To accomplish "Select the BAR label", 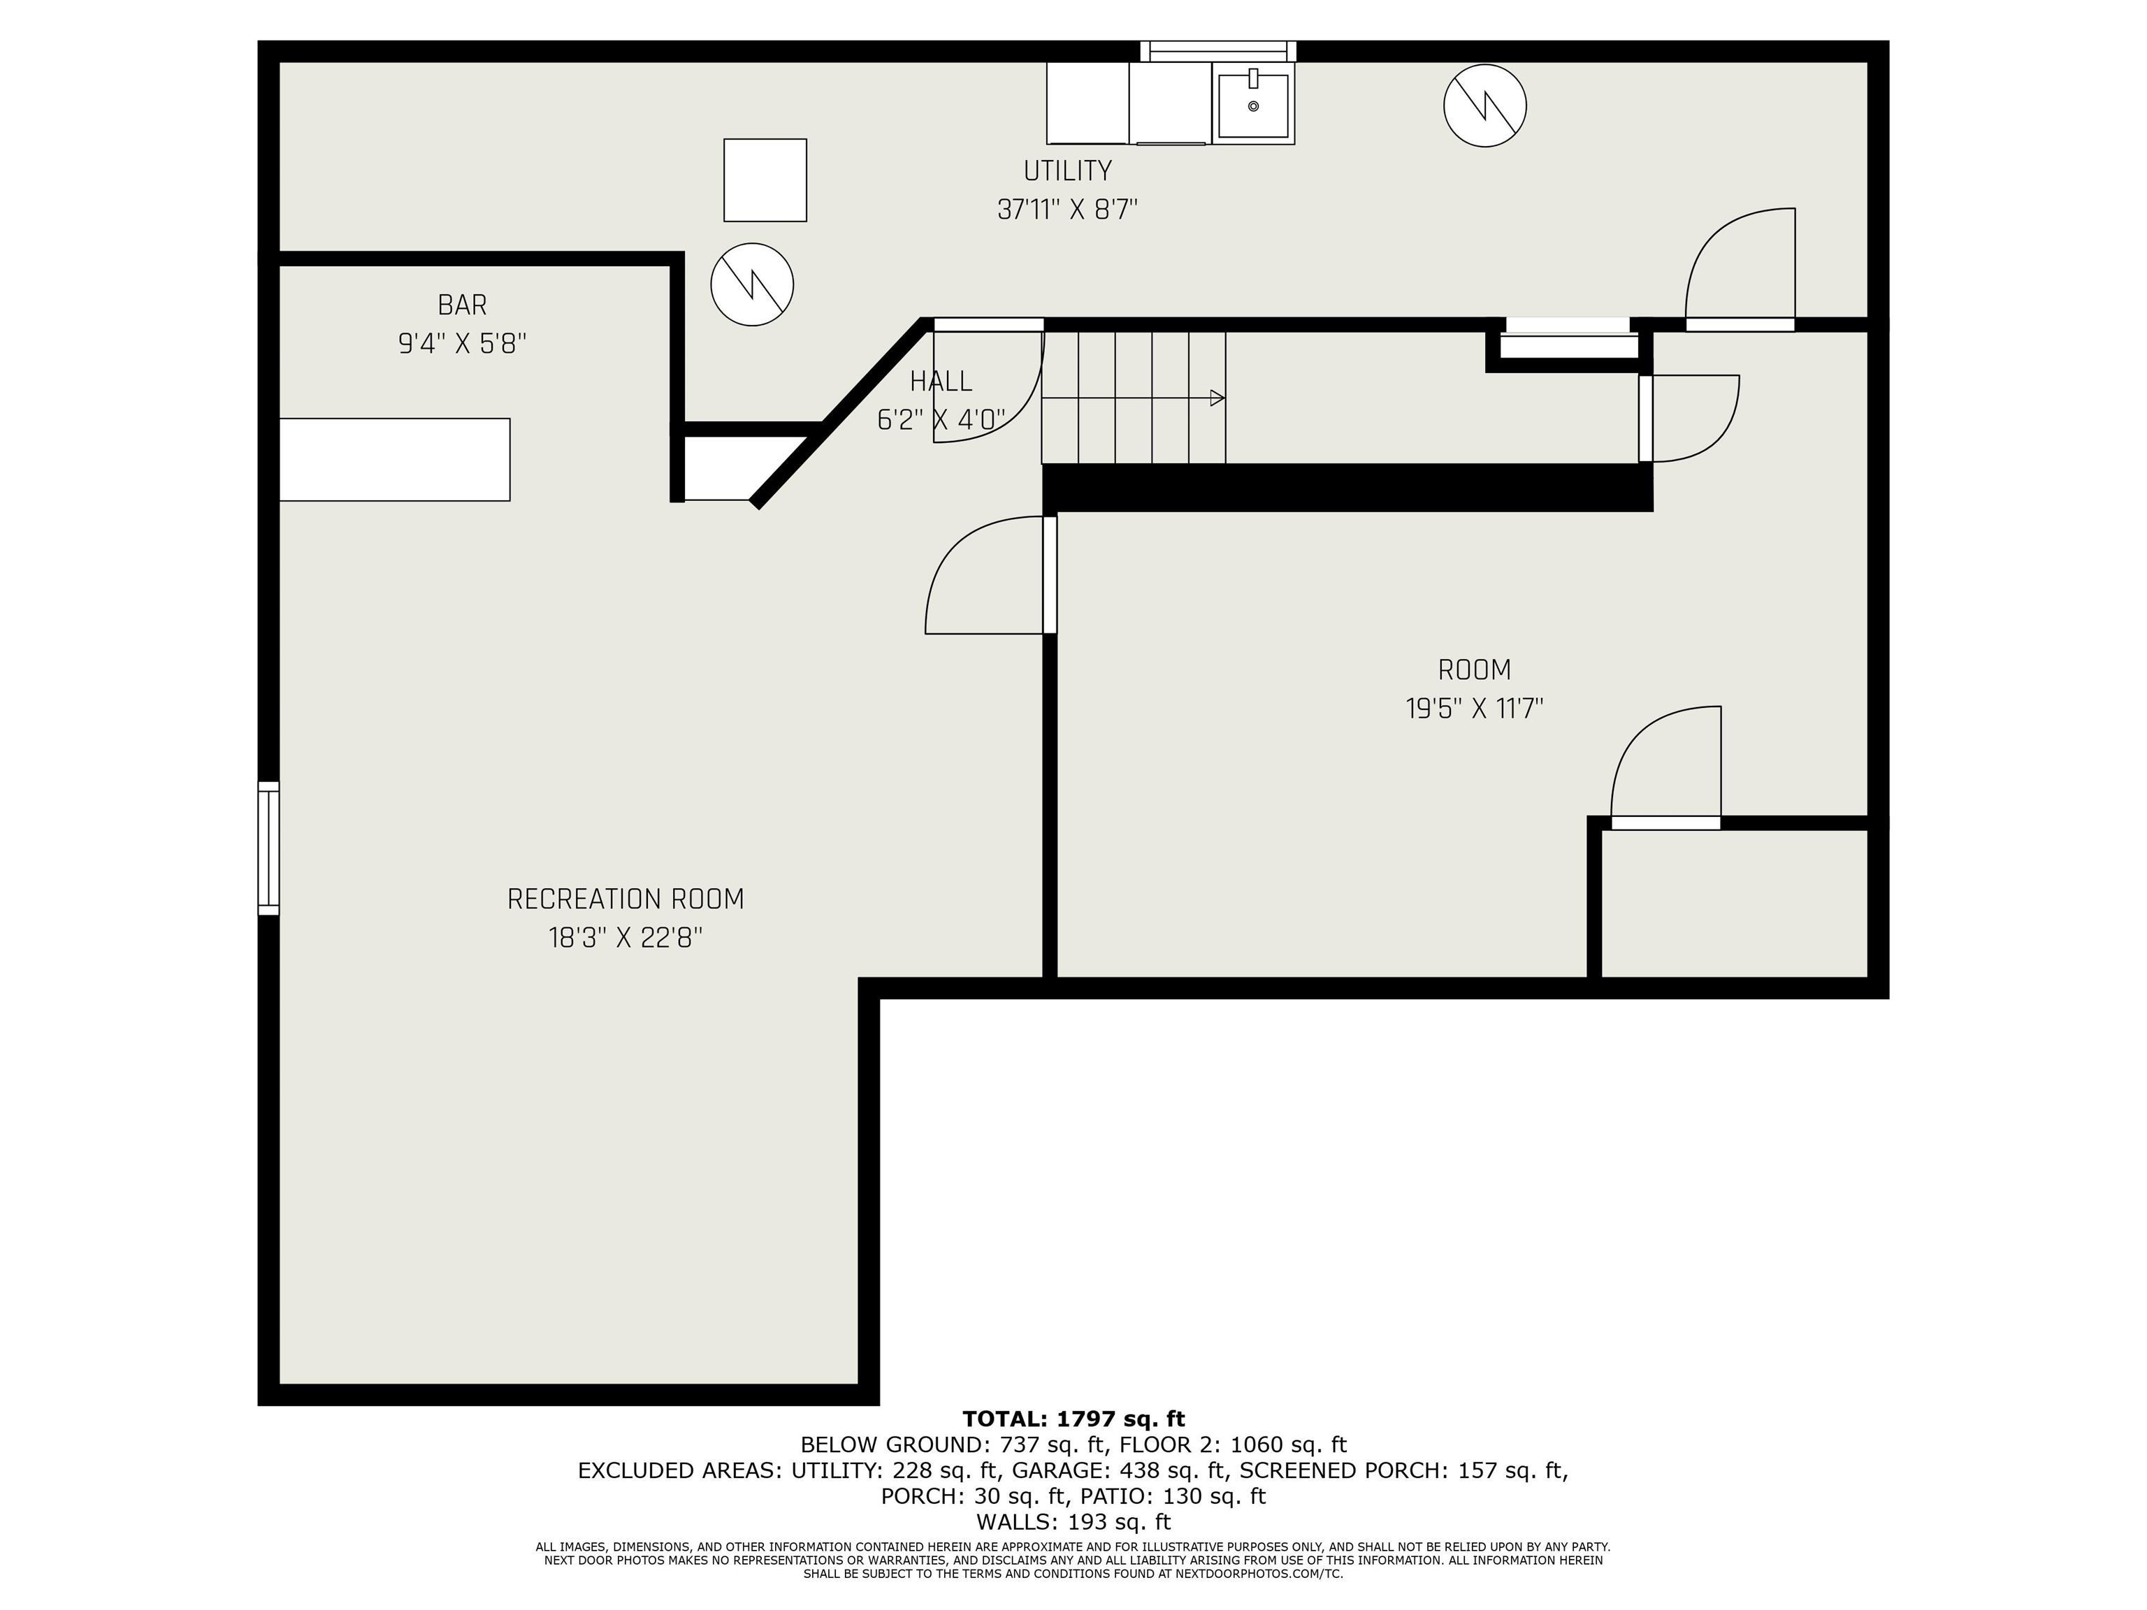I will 462,305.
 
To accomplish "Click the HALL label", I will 941,382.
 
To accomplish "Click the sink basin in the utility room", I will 1253,105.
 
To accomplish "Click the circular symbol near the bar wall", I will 752,284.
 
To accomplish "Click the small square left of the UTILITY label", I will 765,180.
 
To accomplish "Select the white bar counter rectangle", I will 394,460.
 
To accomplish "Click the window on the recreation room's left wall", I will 268,848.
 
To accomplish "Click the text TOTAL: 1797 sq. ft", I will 1073,1419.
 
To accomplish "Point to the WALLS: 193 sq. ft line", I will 1073,1522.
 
